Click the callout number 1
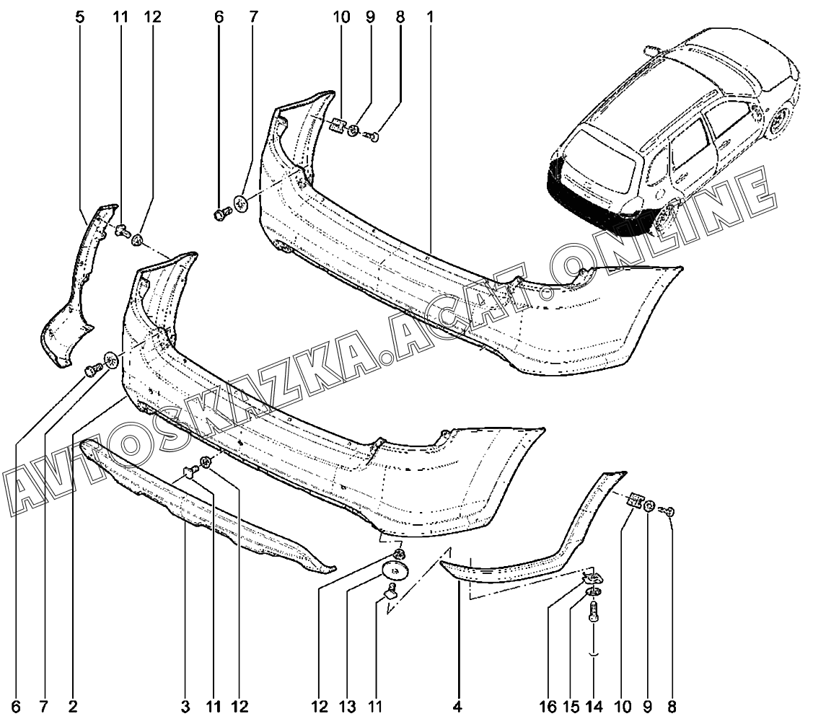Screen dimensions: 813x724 coord(430,17)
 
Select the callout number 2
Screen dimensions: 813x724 coord(73,707)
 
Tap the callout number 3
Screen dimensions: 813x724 coord(185,707)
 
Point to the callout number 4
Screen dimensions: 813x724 coord(457,707)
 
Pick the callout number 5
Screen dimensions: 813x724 coord(79,17)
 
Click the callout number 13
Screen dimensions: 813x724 coord(348,707)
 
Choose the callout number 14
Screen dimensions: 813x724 coord(594,707)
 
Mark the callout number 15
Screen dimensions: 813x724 coord(571,707)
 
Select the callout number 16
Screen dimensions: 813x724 coord(548,707)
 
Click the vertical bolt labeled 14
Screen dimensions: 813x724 coord(594,612)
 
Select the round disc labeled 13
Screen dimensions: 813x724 coord(396,570)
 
